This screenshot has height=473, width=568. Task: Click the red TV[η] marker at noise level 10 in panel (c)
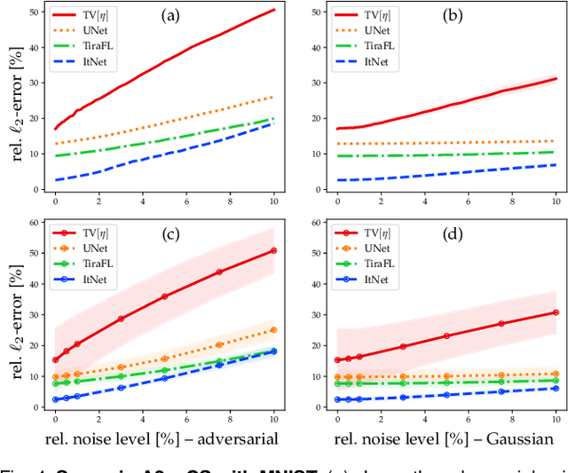tap(273, 250)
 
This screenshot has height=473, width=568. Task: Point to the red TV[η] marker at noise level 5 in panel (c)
tap(164, 296)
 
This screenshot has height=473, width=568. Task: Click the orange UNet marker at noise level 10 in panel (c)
tap(273, 330)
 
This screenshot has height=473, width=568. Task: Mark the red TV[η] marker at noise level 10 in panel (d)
tap(556, 312)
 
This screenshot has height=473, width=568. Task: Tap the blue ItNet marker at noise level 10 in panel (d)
tap(556, 388)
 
